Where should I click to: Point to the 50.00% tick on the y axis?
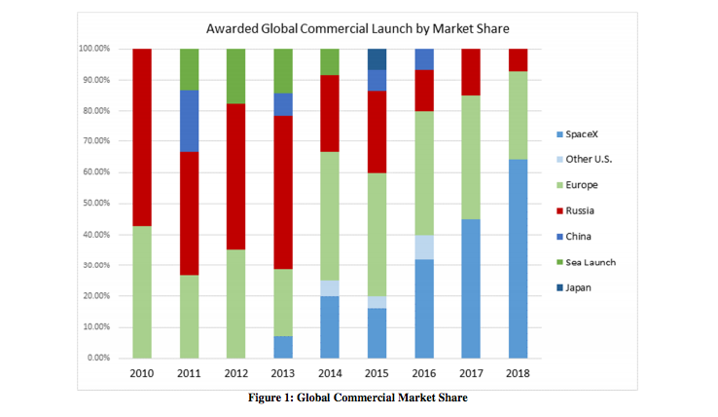point(93,204)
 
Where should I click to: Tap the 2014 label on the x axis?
point(331,374)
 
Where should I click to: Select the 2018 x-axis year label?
point(519,374)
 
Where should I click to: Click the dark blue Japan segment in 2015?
point(377,58)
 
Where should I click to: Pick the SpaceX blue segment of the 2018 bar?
point(519,258)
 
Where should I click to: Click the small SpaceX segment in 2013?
point(283,347)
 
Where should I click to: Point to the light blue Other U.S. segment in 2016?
point(424,246)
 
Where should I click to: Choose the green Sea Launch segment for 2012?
point(236,76)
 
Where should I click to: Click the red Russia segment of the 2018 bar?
point(519,59)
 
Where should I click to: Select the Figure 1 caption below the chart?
point(359,396)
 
